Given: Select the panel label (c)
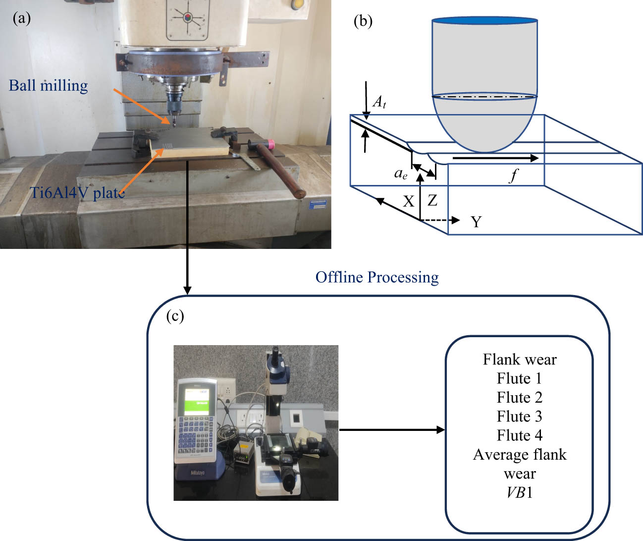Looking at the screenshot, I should [175, 316].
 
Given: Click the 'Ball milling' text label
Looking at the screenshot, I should [49, 86].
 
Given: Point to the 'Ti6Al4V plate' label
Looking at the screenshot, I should [77, 192].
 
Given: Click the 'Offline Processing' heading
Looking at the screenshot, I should [377, 277].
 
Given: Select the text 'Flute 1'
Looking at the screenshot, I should [519, 379].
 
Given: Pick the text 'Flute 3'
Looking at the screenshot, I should [519, 417].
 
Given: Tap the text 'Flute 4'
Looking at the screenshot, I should [519, 435].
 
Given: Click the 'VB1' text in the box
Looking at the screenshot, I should [519, 492].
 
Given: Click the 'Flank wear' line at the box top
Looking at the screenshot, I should [519, 360].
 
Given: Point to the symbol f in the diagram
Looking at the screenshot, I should [514, 175].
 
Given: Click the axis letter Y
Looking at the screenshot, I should [476, 222].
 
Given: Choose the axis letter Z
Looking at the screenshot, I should [432, 201].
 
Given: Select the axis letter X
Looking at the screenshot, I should [408, 201].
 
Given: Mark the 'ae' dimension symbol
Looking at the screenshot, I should [401, 174].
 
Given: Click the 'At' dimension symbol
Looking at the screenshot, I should [379, 102].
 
